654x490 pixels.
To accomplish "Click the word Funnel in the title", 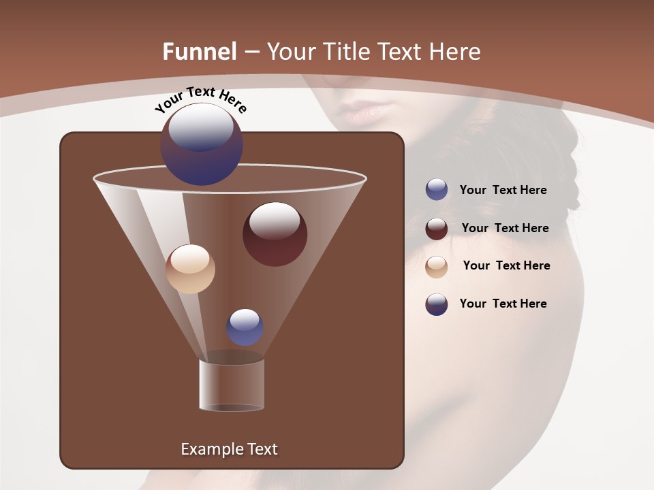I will (x=200, y=52).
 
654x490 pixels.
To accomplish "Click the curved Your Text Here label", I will (x=200, y=100).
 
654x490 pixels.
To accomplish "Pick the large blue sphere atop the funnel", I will (x=201, y=144).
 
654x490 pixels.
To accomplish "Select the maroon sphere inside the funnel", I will (x=275, y=234).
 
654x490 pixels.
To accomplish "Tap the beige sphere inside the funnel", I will (x=190, y=269).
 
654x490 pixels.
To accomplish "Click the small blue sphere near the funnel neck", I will (x=245, y=327).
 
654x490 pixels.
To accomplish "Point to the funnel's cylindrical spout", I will (x=232, y=385).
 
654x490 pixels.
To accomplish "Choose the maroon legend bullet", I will (x=437, y=229).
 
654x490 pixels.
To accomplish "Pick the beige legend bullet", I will (x=437, y=266).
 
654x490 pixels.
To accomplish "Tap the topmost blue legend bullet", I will (x=437, y=190).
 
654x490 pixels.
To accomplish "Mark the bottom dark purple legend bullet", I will (x=437, y=304).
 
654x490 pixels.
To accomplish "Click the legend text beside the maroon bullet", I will (x=505, y=228).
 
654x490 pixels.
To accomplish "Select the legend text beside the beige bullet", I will (x=506, y=265).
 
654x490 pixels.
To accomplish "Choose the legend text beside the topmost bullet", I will (x=503, y=190).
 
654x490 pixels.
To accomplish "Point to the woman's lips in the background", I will (x=368, y=111).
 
